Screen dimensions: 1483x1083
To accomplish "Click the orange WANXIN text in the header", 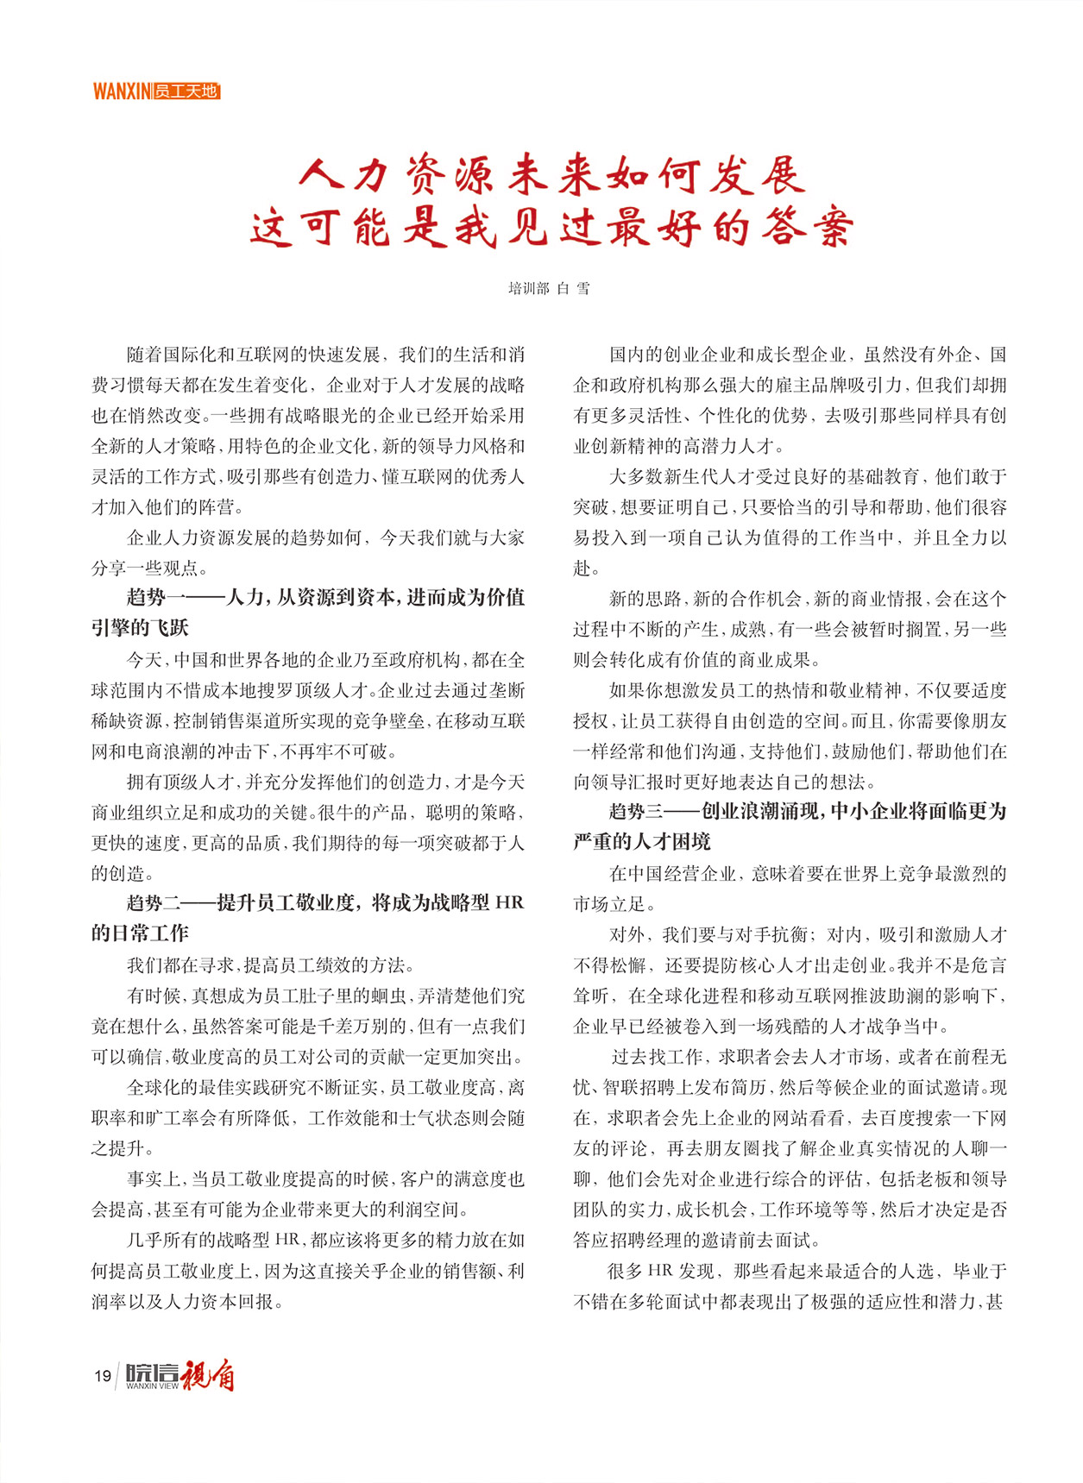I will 121,91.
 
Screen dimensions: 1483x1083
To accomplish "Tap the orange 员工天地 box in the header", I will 186,91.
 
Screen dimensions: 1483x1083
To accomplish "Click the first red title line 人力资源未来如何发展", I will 552,176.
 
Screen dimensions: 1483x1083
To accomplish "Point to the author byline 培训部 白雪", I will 549,288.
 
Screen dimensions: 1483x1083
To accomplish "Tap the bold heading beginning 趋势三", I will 790,812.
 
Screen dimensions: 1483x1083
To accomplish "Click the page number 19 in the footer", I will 103,1375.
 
